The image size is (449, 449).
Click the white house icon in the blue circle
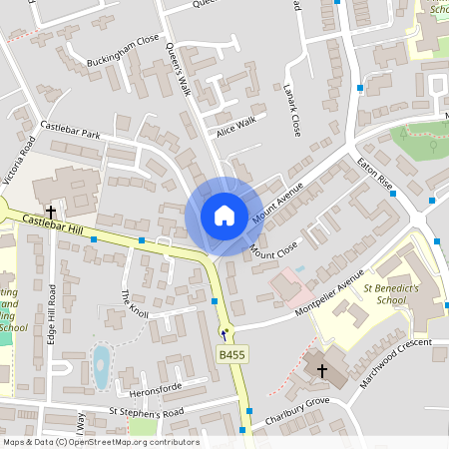(224, 216)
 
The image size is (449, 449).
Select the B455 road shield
(231, 354)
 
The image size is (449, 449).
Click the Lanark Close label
(292, 110)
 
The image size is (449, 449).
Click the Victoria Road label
(20, 165)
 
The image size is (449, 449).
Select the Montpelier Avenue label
(329, 296)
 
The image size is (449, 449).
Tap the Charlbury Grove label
(290, 411)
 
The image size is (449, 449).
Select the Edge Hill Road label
(53, 313)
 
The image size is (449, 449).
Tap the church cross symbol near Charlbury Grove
(321, 371)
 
